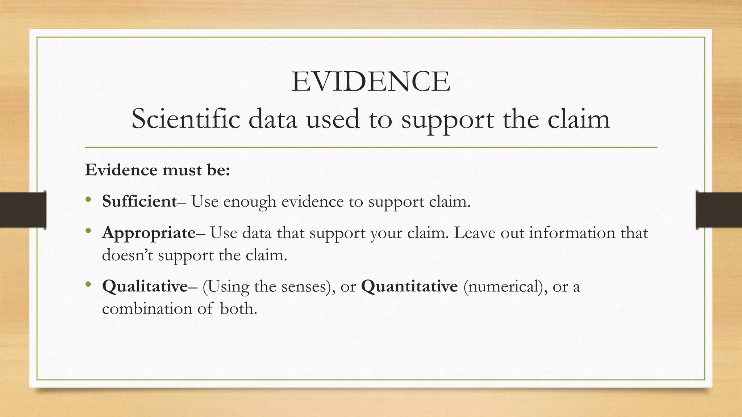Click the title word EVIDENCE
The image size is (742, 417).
(371, 82)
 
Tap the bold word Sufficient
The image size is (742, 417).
(139, 201)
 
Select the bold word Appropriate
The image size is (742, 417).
(149, 233)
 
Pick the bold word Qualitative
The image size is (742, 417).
(145, 286)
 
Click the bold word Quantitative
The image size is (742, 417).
(409, 286)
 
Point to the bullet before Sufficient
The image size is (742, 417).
(88, 199)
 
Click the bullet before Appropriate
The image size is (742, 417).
(88, 231)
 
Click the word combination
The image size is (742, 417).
(147, 309)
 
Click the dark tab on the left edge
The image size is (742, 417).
(23, 210)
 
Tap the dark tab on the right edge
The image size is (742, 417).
(719, 210)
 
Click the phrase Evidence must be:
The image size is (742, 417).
(157, 170)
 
